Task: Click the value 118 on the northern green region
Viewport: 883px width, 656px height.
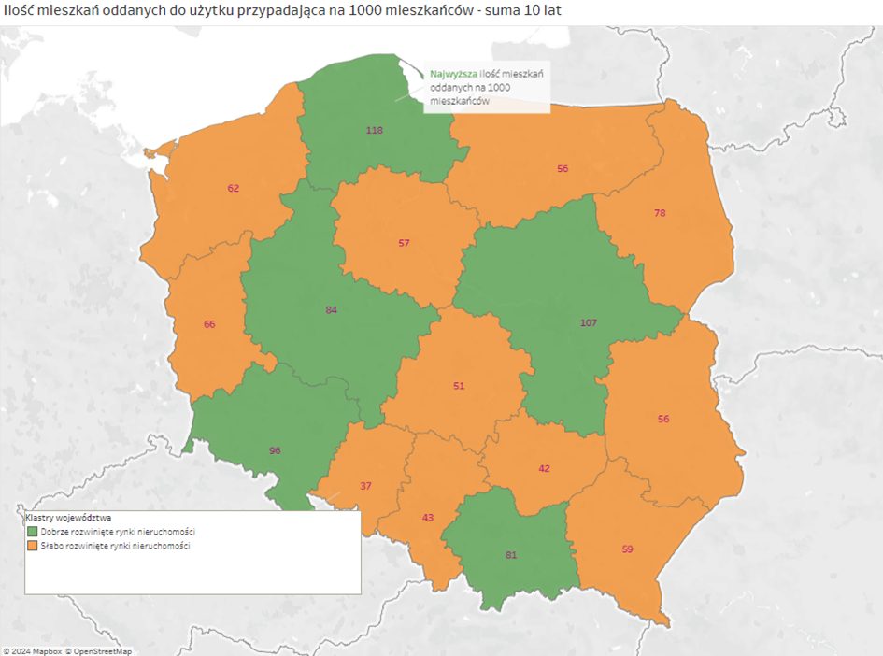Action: [375, 130]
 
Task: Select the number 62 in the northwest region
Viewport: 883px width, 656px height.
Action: [234, 188]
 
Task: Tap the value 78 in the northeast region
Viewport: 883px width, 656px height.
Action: [660, 213]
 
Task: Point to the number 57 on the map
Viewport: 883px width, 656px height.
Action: [404, 243]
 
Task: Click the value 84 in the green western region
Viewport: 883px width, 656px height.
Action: [331, 309]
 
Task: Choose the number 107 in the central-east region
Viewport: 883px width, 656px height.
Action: [589, 322]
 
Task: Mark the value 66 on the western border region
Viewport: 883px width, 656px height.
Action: [209, 324]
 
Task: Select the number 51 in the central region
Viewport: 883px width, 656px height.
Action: [458, 386]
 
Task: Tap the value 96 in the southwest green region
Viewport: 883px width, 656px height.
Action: [275, 450]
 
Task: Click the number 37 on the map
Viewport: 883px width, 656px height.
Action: [365, 485]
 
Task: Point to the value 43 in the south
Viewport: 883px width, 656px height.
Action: [428, 517]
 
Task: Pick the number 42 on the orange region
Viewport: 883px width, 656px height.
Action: [544, 469]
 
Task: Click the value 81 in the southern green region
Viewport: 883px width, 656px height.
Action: [510, 555]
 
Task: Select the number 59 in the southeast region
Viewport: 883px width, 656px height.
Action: [627, 549]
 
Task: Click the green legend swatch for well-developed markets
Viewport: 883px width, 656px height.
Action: [32, 531]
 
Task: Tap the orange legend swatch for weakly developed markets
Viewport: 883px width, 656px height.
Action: [32, 545]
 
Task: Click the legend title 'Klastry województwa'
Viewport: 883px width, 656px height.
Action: [68, 517]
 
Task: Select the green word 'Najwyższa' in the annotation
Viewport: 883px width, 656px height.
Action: [453, 72]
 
